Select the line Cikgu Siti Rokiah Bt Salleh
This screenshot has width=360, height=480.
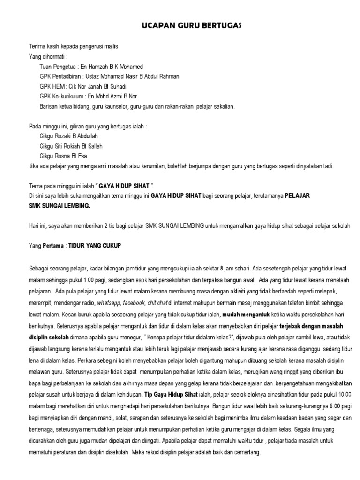(72, 146)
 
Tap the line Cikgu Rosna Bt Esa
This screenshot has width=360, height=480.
(63, 156)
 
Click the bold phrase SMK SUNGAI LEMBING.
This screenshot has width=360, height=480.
(60, 205)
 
